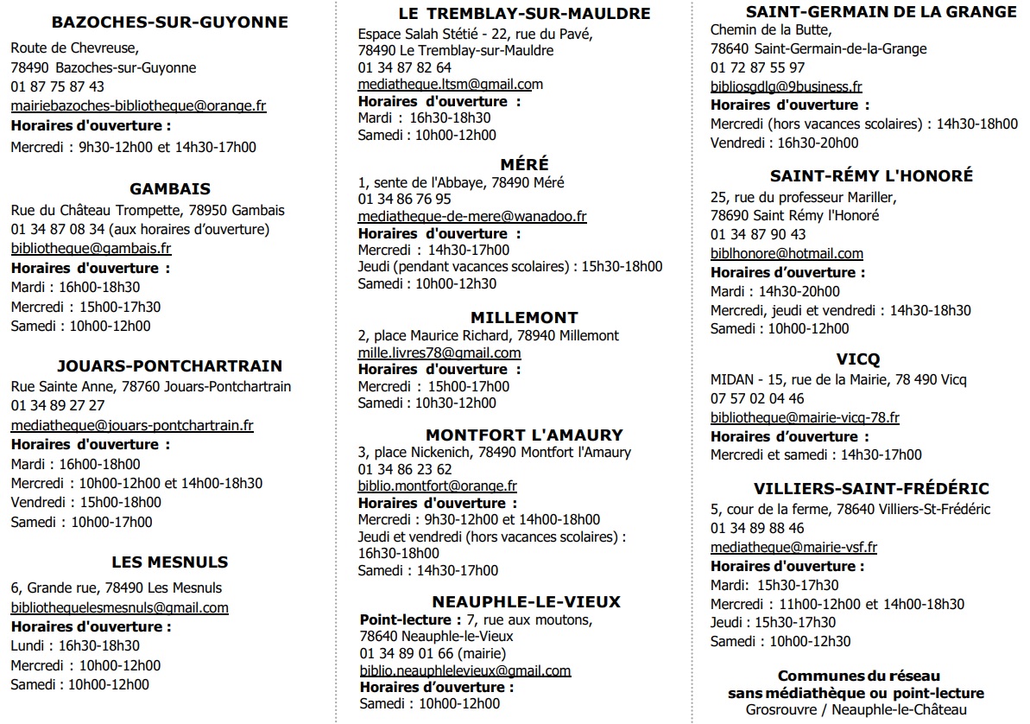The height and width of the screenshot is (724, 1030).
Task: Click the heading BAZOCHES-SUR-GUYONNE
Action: pyautogui.click(x=169, y=22)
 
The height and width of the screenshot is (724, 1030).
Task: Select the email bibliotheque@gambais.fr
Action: pyautogui.click(x=91, y=249)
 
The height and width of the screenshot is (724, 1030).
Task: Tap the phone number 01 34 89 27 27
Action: pyautogui.click(x=58, y=406)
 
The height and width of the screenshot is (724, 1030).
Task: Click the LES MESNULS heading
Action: pyautogui.click(x=169, y=562)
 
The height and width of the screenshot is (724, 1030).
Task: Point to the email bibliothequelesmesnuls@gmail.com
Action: pyautogui.click(x=119, y=607)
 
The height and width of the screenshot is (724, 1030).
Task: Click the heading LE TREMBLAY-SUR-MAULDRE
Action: pyautogui.click(x=524, y=14)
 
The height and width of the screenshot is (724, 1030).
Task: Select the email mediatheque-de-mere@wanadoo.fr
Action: pyautogui.click(x=472, y=217)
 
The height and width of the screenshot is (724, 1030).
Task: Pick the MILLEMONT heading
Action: pyautogui.click(x=524, y=317)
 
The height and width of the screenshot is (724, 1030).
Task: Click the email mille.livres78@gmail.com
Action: pyautogui.click(x=439, y=353)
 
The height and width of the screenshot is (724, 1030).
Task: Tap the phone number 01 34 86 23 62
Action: pyautogui.click(x=405, y=469)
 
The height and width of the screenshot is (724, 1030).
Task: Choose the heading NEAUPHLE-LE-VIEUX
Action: pyautogui.click(x=526, y=601)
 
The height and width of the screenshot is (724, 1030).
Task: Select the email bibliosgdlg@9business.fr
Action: pyautogui.click(x=786, y=86)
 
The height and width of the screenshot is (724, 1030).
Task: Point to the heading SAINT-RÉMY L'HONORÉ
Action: pyautogui.click(x=871, y=175)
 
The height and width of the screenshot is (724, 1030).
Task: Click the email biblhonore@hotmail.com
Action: pyautogui.click(x=787, y=254)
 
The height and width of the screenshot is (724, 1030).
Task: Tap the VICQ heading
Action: pyautogui.click(x=858, y=359)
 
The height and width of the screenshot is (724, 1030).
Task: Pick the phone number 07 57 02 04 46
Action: pyautogui.click(x=757, y=399)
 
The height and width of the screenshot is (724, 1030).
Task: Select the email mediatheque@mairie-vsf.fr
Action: pyautogui.click(x=793, y=547)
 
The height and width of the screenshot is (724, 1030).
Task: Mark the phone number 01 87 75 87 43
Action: pyautogui.click(x=58, y=86)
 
